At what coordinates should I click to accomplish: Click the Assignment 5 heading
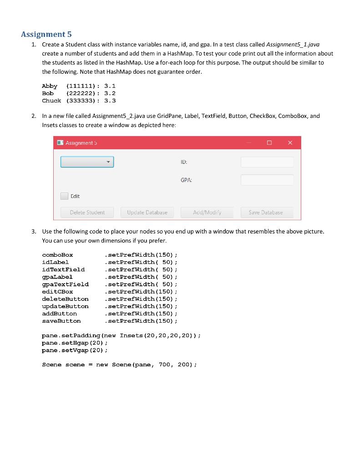46,34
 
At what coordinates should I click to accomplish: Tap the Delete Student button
87,213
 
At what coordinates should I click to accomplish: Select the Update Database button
147,213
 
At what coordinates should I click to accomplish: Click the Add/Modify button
207,213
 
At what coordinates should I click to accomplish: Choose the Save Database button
265,213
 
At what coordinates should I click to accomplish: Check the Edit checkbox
64,196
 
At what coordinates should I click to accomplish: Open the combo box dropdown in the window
87,162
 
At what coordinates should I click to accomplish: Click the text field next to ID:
267,162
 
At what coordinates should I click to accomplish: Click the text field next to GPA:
267,180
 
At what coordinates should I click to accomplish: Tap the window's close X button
290,143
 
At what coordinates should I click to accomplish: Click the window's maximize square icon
269,143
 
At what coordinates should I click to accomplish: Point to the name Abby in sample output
50,86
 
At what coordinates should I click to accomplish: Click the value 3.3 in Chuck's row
110,101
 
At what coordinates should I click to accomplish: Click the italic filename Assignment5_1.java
293,45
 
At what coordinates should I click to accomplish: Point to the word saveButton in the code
61,321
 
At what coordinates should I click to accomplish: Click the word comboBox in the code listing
57,255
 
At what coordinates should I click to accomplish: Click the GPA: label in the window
186,180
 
